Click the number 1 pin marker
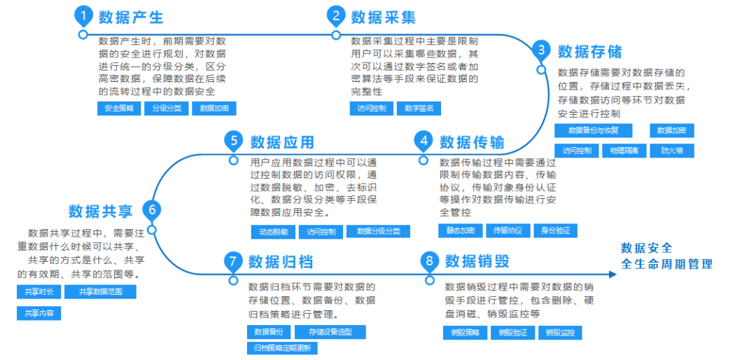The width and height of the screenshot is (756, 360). point(83,16)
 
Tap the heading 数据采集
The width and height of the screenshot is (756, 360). point(383,17)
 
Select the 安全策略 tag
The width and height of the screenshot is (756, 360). point(119,109)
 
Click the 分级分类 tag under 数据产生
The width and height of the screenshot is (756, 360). point(167,109)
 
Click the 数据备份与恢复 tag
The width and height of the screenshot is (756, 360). point(593,131)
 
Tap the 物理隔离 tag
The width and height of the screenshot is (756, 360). point(623,151)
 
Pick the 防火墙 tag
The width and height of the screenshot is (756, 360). point(671,151)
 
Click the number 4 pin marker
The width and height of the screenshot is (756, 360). point(423,141)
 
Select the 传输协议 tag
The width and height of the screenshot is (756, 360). point(508,230)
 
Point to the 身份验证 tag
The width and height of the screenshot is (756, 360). point(555,230)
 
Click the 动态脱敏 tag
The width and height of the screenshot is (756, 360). point(273,232)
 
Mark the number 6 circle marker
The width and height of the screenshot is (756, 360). point(151,209)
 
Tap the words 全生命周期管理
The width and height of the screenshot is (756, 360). point(666,265)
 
